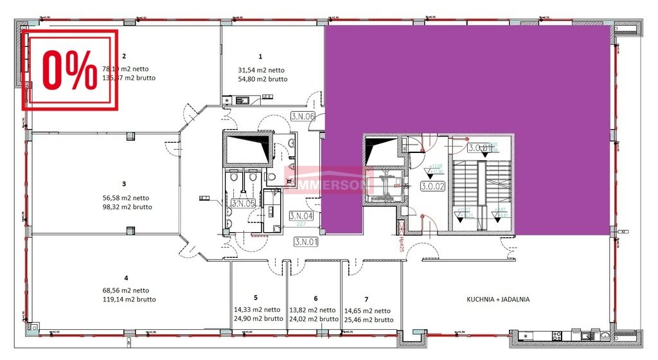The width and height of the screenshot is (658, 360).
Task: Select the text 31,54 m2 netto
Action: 262,70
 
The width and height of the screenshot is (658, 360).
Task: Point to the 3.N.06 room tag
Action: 302,116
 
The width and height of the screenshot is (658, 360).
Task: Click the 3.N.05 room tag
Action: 242,203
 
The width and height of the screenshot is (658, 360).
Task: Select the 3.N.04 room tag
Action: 301,216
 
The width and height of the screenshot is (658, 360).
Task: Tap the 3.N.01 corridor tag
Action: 307,242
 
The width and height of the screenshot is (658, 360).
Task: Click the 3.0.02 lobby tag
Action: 434,187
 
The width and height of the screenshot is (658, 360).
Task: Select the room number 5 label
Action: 255,298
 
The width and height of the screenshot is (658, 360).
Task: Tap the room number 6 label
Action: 316,298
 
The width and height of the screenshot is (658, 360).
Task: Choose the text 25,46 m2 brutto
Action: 369,319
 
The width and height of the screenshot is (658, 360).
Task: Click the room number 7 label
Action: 366,299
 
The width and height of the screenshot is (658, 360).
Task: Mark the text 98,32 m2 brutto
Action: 127,207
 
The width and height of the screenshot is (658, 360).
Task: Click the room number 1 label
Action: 260,57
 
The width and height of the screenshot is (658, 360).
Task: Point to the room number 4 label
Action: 126,278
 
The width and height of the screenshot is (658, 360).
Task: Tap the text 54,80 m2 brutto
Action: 262,79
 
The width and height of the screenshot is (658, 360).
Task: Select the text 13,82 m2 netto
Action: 312,310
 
